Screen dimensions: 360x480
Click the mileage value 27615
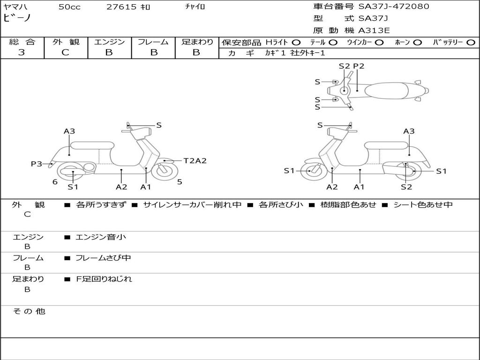tap(121, 7)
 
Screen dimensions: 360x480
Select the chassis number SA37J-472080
tap(393, 7)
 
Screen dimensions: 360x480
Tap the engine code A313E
tap(374, 31)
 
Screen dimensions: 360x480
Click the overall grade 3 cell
tap(22, 52)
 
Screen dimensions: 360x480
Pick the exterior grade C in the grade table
tap(66, 52)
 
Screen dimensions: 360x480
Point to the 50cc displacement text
tap(69, 7)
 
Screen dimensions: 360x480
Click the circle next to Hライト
tap(296, 42)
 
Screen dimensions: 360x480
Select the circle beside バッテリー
tap(471, 42)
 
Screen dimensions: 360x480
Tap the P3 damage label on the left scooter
tap(37, 164)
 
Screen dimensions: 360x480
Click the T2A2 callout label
tap(195, 161)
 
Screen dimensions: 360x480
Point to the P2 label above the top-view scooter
tap(359, 66)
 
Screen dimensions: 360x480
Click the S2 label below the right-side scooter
tap(406, 187)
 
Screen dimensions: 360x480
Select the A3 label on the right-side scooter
tap(409, 131)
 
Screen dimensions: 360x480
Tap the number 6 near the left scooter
tap(55, 182)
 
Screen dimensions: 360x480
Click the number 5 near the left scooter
tap(180, 182)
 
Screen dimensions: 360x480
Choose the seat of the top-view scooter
tap(388, 90)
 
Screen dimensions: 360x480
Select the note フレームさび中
tap(103, 258)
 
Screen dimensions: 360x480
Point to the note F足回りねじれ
tap(104, 279)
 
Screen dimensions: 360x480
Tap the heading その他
tap(29, 311)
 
